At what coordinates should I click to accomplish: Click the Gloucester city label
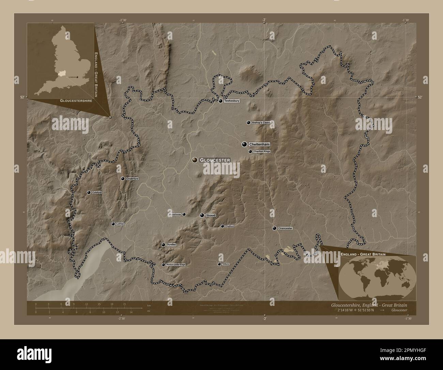click(x=215, y=160)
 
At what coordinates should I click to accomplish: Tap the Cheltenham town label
click(x=259, y=144)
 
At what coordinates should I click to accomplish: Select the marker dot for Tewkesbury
click(x=221, y=101)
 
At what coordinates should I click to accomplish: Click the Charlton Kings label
click(x=261, y=151)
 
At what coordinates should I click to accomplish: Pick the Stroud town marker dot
click(x=202, y=215)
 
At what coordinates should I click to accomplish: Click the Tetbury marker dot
click(x=219, y=264)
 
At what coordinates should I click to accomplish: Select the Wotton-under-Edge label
click(x=176, y=265)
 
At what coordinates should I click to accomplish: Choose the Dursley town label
click(x=171, y=245)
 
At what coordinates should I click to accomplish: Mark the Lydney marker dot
click(x=113, y=224)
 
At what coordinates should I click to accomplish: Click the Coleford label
click(x=97, y=193)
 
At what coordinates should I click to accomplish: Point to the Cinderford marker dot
click(x=123, y=179)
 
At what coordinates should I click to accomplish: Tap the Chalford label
click(x=229, y=226)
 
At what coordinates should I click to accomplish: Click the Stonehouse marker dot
click(x=184, y=214)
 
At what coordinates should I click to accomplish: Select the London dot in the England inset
click(x=78, y=77)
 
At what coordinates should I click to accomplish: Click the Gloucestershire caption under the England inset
click(x=74, y=101)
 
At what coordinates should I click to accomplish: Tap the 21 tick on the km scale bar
click(x=125, y=304)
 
